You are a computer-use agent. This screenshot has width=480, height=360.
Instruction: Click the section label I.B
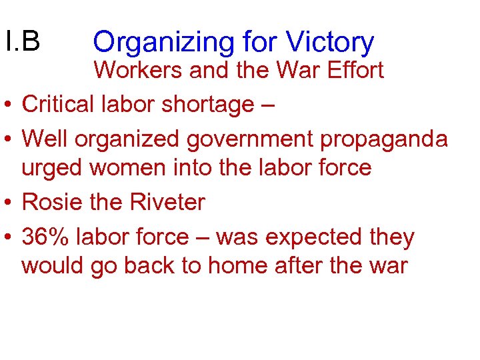tap(22, 43)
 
